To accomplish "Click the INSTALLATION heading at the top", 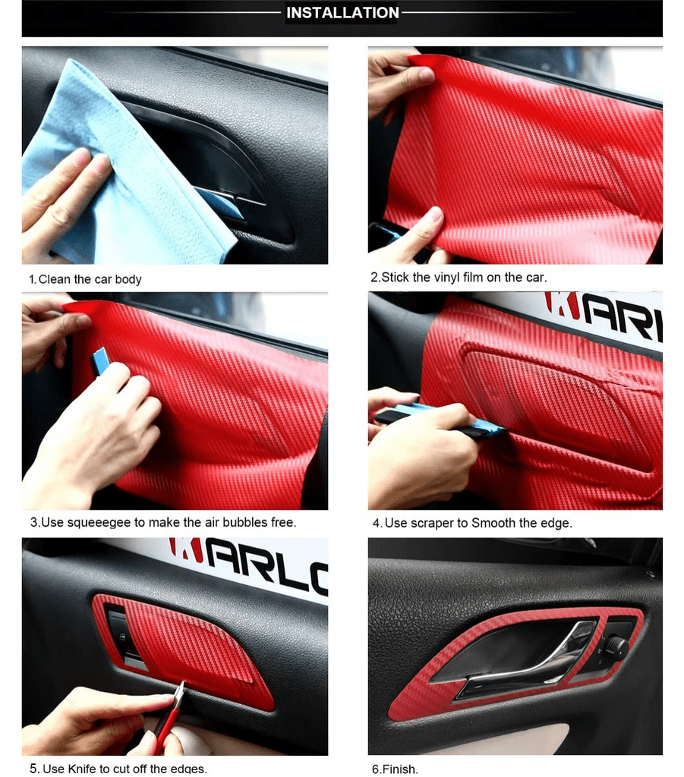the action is pyautogui.click(x=342, y=12).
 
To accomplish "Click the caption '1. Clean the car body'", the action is pyautogui.click(x=85, y=279).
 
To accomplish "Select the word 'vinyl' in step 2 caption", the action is pyautogui.click(x=446, y=278).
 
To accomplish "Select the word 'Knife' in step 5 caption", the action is pyautogui.click(x=82, y=769).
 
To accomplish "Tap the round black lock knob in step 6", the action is pyautogui.click(x=617, y=646).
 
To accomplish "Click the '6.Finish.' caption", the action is pyautogui.click(x=395, y=769).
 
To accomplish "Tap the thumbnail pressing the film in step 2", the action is pyautogui.click(x=435, y=215).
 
